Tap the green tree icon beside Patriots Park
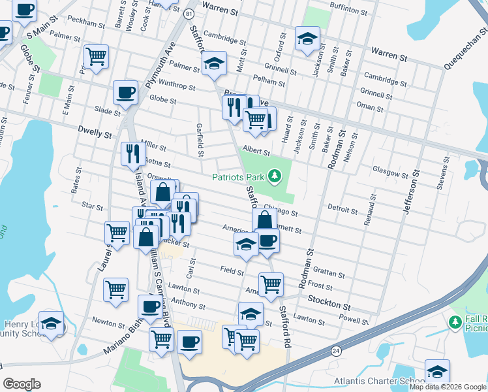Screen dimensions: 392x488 point(275,176)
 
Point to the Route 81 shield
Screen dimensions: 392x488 point(189,14)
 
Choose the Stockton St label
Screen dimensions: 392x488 point(329,305)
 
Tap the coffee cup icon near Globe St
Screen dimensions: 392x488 point(125,92)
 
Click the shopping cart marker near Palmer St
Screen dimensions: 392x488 point(96,56)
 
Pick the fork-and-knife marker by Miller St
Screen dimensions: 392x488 point(133,153)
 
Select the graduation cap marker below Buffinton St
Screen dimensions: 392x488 point(307,38)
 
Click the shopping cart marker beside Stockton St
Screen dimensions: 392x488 point(271,284)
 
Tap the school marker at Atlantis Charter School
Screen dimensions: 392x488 point(437,371)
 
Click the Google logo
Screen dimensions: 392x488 point(22,384)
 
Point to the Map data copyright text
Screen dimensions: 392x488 point(448,387)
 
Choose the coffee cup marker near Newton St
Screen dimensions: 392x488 point(150,306)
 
